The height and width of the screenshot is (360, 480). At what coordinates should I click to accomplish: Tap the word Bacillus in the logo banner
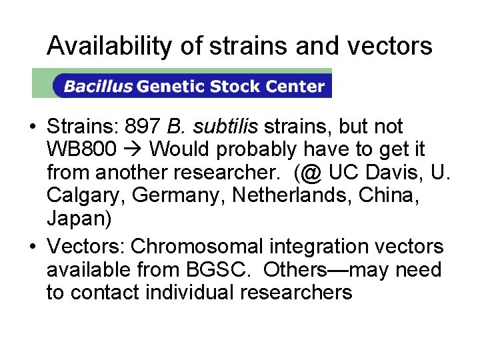point(97,86)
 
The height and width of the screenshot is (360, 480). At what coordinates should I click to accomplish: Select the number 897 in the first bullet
point(143,127)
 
